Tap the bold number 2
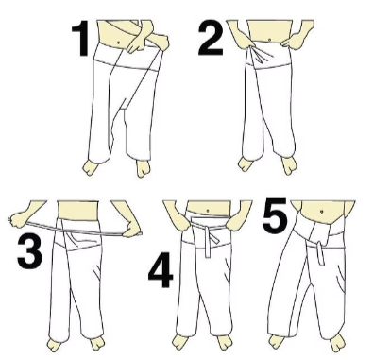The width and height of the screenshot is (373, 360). [x=211, y=39]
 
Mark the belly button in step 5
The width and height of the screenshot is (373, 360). [x=321, y=210]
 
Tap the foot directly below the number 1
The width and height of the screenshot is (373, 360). [x=93, y=166]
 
